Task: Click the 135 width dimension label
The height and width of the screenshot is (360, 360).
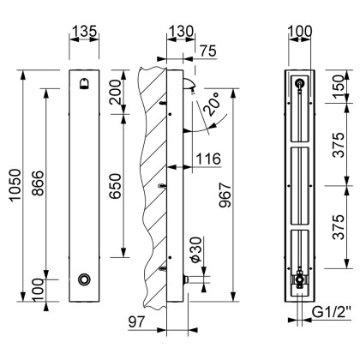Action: click(x=83, y=32)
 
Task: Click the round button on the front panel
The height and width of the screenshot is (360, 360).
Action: click(x=83, y=279)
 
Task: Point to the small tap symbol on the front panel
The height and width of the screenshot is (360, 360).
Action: click(x=83, y=83)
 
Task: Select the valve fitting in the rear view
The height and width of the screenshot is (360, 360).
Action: click(x=299, y=279)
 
